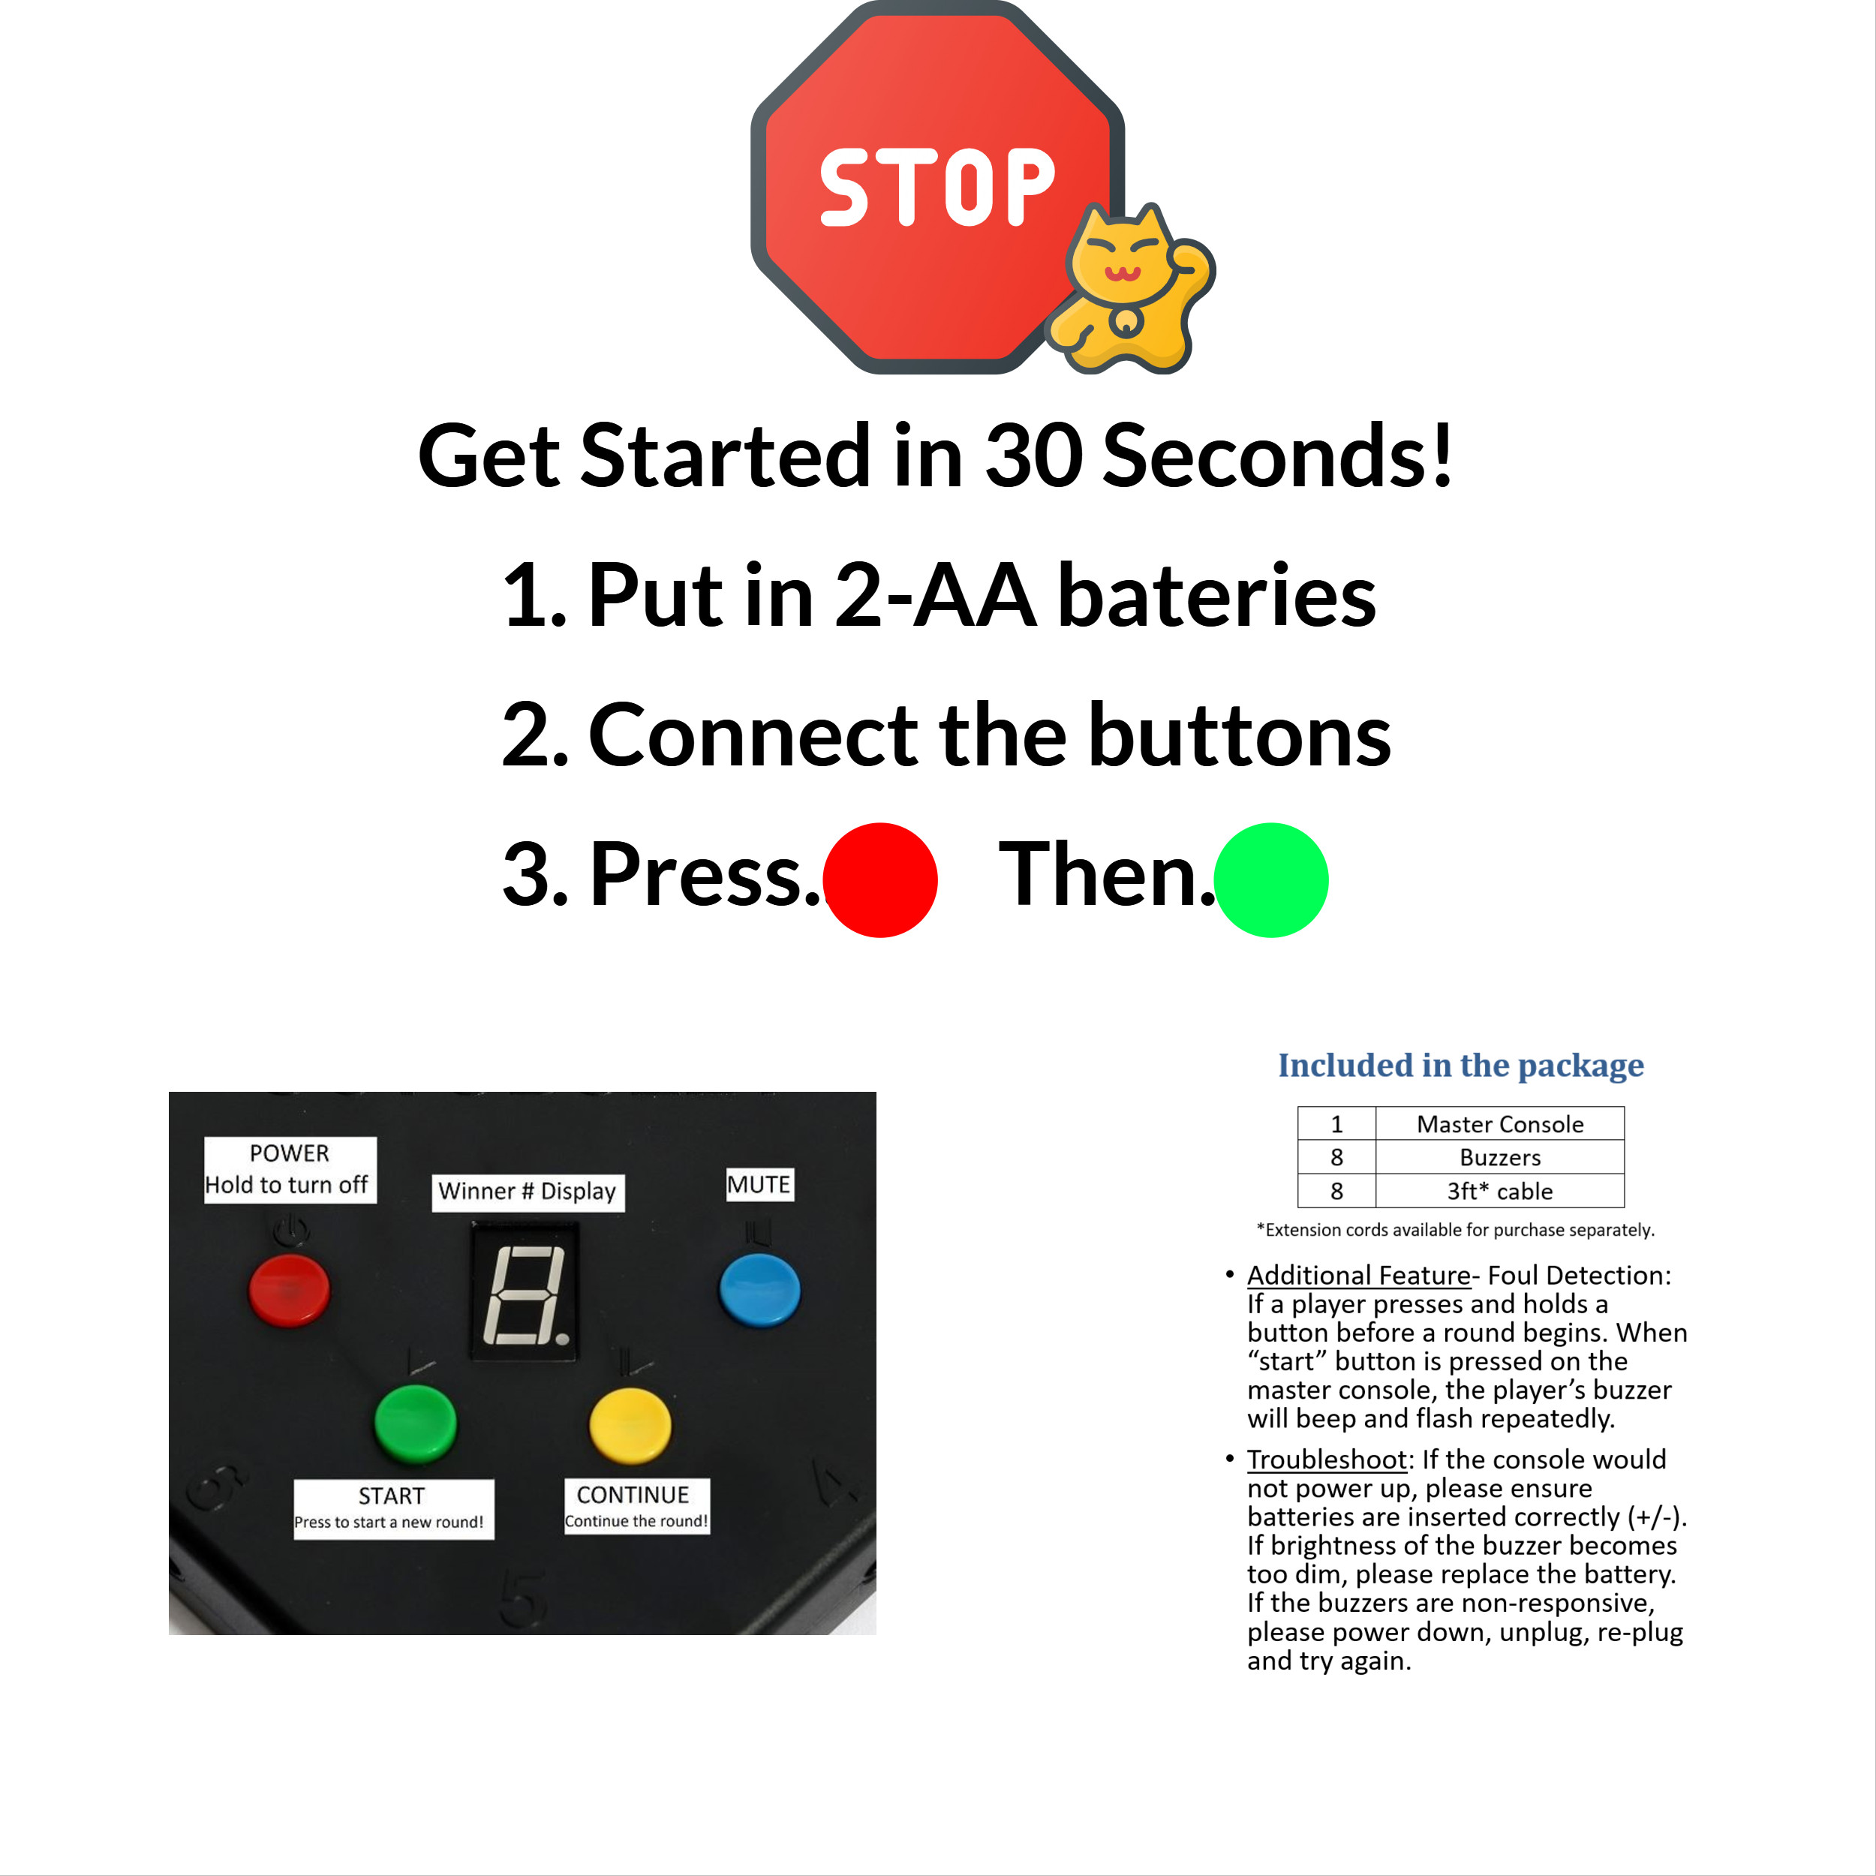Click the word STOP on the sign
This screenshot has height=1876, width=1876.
(937, 188)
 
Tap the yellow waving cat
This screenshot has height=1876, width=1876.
(1132, 292)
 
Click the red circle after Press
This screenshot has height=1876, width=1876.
(879, 879)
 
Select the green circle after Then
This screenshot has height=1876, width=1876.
(1271, 879)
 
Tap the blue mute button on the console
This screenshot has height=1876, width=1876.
(759, 1288)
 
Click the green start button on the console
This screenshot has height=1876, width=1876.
(416, 1423)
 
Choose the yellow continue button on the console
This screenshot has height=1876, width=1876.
(630, 1424)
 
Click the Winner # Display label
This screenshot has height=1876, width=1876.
(528, 1192)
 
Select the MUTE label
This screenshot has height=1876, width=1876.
(759, 1185)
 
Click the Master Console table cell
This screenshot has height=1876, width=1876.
(1499, 1124)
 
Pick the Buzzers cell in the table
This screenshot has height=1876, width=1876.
(1499, 1157)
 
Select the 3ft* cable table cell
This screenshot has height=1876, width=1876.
(1499, 1192)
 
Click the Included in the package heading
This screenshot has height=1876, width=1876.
(1460, 1066)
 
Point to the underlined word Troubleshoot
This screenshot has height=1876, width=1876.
(1327, 1460)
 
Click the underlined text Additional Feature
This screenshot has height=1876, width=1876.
(1358, 1275)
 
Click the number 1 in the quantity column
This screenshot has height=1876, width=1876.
(1336, 1124)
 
